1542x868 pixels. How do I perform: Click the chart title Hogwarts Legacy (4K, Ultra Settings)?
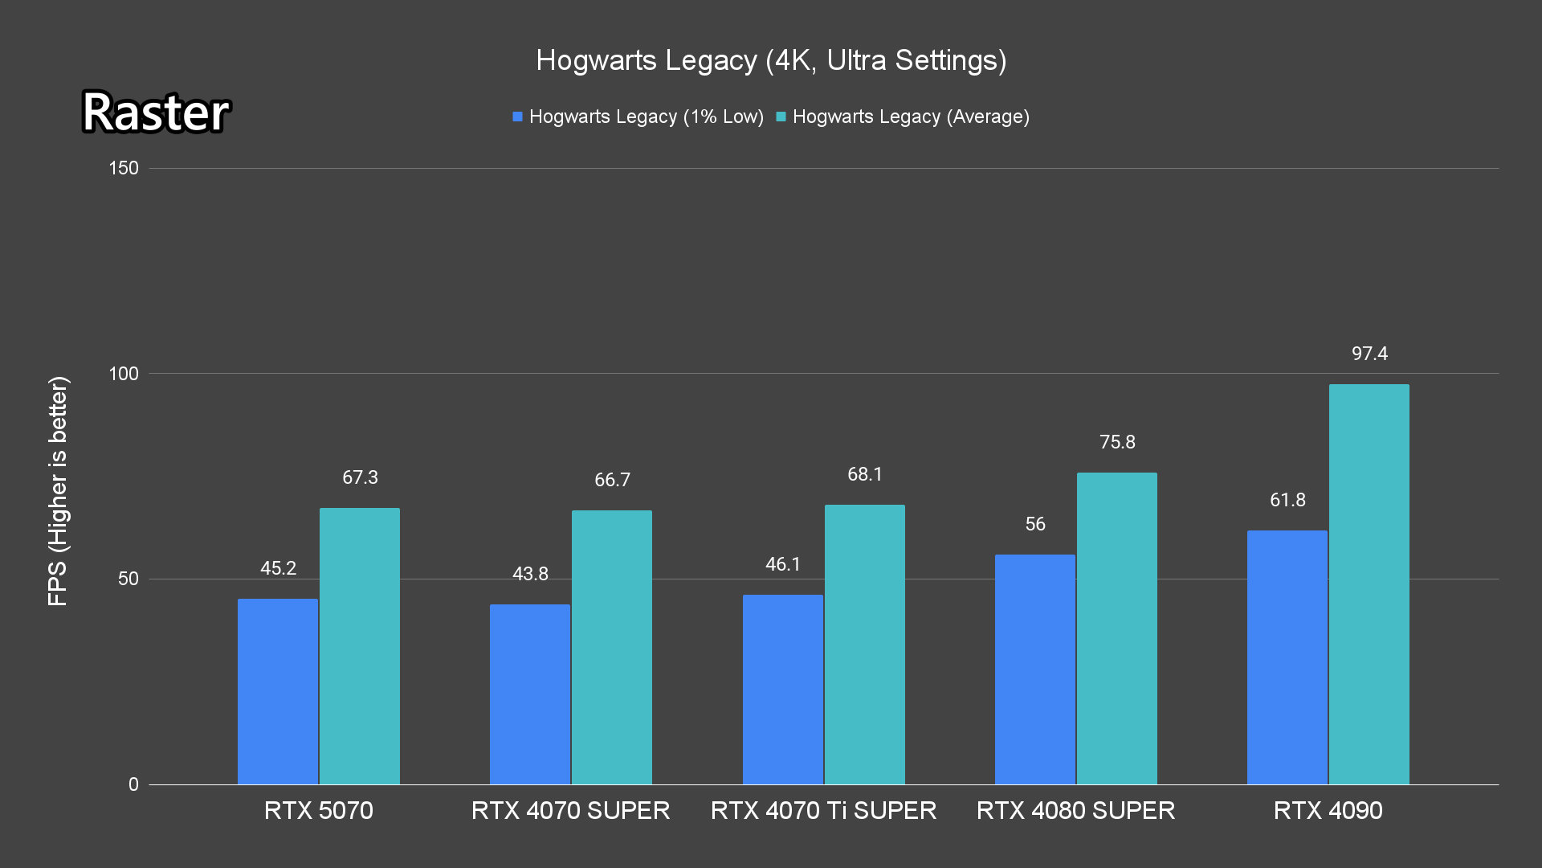771,60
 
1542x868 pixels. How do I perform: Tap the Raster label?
156,112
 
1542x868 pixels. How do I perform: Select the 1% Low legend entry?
638,117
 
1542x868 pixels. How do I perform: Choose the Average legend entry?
903,117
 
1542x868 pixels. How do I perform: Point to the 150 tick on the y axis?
124,168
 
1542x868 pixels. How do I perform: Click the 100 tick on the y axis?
124,374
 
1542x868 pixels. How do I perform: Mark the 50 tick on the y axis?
128,579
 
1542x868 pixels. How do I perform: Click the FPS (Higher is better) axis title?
58,490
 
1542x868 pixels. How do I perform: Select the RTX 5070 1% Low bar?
278,691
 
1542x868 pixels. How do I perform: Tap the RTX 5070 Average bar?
360,646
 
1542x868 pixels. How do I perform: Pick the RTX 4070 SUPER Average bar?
612,647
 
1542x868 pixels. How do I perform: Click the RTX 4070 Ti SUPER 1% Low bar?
783,690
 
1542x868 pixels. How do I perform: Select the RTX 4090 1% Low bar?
1287,657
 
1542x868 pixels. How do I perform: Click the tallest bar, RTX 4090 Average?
1369,584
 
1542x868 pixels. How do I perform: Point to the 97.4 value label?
1369,354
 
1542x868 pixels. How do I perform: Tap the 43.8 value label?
530,574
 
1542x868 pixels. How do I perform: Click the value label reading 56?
1035,524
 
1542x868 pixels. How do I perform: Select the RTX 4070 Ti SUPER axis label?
823,810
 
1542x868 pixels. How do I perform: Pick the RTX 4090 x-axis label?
1328,810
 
